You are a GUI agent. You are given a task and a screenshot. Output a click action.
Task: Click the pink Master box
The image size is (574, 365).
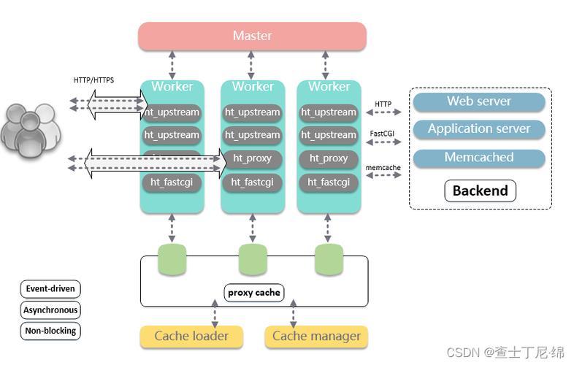(252, 36)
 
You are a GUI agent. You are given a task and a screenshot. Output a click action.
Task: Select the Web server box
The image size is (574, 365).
(479, 101)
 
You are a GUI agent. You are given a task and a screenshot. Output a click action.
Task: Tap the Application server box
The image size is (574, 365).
(479, 129)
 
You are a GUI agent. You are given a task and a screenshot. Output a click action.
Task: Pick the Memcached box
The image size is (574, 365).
(479, 158)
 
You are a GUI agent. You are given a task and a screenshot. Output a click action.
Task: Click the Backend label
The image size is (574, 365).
(480, 191)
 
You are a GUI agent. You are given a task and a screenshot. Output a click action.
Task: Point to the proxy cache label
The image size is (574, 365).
(253, 293)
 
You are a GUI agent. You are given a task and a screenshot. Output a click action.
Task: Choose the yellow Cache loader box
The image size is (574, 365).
(191, 337)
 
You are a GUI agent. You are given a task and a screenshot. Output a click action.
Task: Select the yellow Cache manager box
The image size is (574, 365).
(316, 337)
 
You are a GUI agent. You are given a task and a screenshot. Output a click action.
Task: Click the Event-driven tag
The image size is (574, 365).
(50, 289)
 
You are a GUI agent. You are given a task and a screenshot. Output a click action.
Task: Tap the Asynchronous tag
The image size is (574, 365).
(50, 310)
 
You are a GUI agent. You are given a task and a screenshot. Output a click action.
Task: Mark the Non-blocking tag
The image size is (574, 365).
(50, 331)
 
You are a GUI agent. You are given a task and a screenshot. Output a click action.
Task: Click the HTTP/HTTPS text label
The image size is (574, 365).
(93, 80)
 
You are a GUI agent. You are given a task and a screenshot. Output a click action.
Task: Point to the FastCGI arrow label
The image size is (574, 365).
(383, 134)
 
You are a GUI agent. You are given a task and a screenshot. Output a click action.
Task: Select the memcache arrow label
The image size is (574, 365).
(383, 167)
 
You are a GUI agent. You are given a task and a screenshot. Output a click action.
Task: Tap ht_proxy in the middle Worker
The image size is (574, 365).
(252, 158)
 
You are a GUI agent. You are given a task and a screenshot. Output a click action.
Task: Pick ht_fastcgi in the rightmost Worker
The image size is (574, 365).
(329, 182)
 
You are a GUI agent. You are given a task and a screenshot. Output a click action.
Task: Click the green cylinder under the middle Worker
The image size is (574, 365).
(253, 258)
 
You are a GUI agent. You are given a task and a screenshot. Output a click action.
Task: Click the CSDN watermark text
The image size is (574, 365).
(505, 353)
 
